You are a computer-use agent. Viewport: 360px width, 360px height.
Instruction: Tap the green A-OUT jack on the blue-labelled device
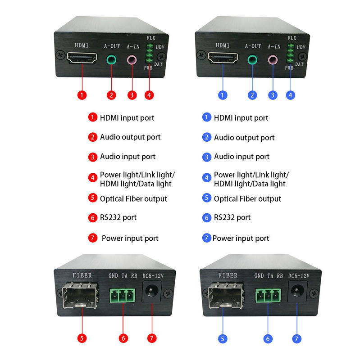coord(252,59)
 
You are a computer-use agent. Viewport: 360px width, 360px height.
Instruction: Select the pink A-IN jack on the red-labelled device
coord(132,59)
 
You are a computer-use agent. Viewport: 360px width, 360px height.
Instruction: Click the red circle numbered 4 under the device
coord(150,95)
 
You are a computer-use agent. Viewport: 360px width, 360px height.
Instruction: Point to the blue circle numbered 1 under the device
coord(223,95)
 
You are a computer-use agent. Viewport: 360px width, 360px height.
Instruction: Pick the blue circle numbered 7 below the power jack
coord(297,338)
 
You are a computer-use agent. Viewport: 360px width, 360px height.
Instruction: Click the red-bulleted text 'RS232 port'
coord(118,217)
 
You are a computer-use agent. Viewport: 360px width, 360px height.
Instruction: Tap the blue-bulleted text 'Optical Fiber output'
coord(247,198)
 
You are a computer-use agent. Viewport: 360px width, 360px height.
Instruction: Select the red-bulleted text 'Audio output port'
coord(130,137)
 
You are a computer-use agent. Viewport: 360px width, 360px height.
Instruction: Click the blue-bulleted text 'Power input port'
coord(241,238)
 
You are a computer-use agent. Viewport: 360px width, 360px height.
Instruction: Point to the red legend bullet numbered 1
coord(92,117)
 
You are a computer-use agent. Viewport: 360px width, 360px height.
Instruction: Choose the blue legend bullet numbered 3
coord(206,157)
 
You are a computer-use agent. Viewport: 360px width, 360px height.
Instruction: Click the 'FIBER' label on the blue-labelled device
coord(228,275)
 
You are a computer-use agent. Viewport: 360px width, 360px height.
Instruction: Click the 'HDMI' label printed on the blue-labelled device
coord(223,45)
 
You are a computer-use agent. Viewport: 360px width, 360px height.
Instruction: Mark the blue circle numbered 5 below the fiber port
coord(222,338)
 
